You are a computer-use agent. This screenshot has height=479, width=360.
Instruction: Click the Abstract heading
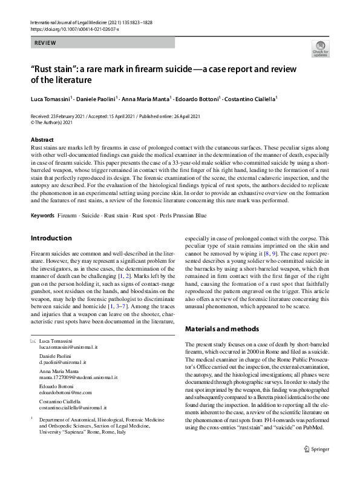(42, 140)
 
